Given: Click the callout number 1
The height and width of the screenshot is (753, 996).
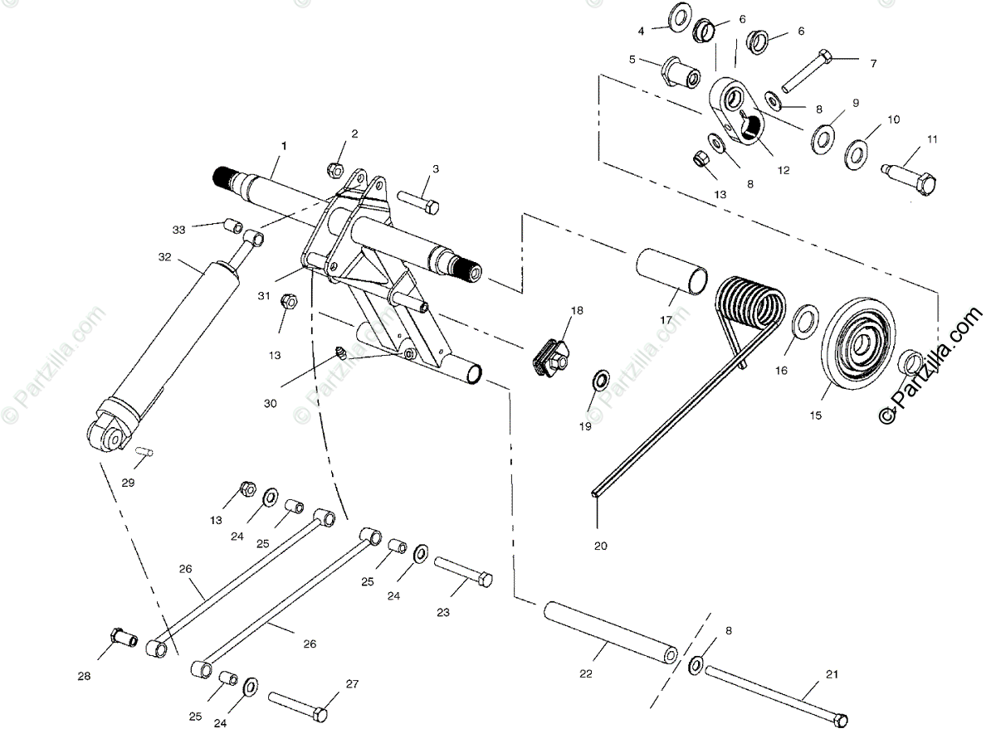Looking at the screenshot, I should tap(284, 146).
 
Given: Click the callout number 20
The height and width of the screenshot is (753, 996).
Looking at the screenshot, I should tap(600, 545).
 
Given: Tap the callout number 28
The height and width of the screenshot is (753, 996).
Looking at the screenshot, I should tap(84, 677).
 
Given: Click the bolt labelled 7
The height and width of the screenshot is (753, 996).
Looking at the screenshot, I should tap(804, 71).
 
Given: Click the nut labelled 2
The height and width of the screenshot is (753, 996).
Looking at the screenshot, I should tap(334, 169).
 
